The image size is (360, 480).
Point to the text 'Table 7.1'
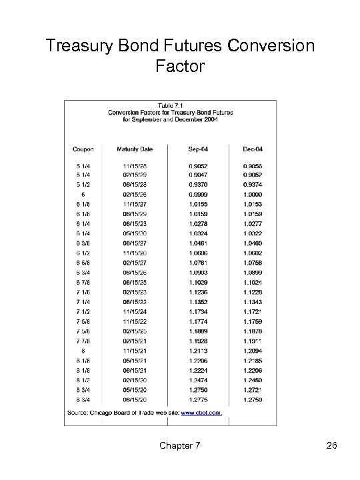[x=171, y=105]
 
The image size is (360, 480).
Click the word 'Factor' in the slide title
[x=179, y=67]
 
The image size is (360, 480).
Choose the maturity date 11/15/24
[x=135, y=312]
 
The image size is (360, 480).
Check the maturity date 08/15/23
[x=135, y=225]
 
